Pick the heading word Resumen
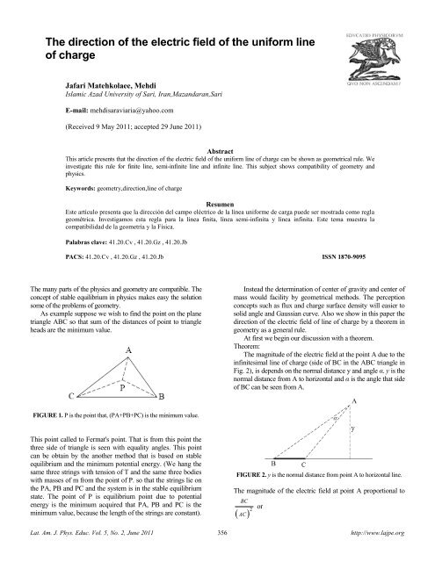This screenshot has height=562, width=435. tap(217, 202)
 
